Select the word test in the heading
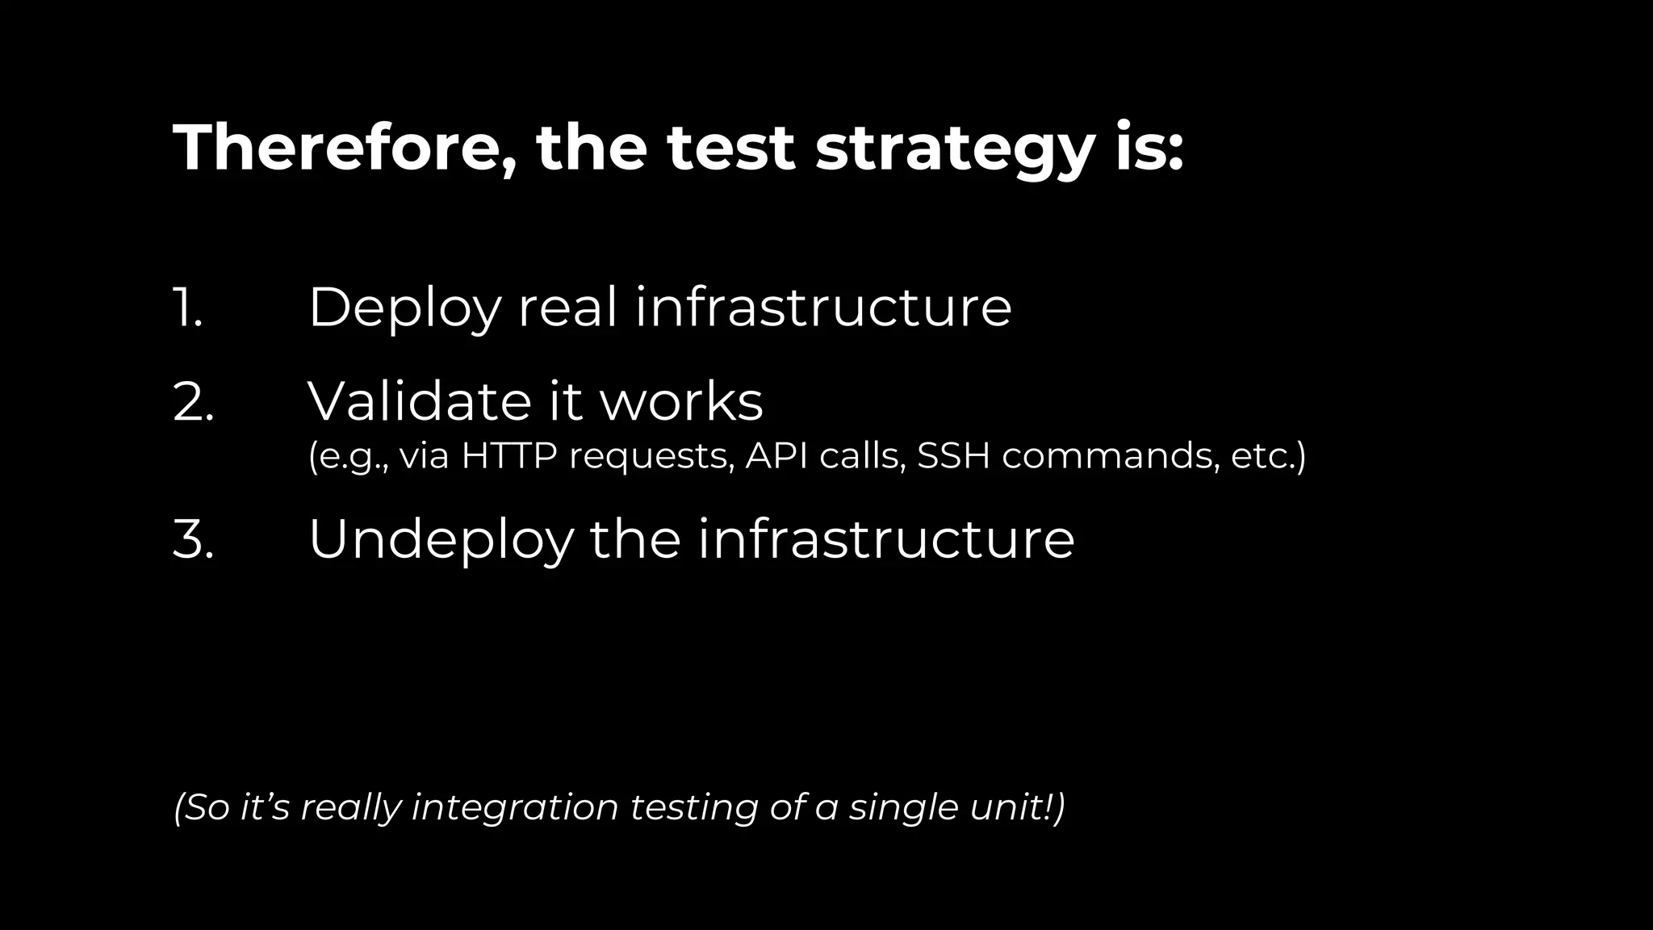[x=730, y=149]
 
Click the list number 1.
[x=188, y=308]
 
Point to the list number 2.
[x=194, y=401]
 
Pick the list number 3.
[x=194, y=538]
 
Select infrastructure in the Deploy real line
[x=823, y=308]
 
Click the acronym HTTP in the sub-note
[x=509, y=455]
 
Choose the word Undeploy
[x=441, y=540]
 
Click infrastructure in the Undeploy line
[x=886, y=538]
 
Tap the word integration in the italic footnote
[x=515, y=808]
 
